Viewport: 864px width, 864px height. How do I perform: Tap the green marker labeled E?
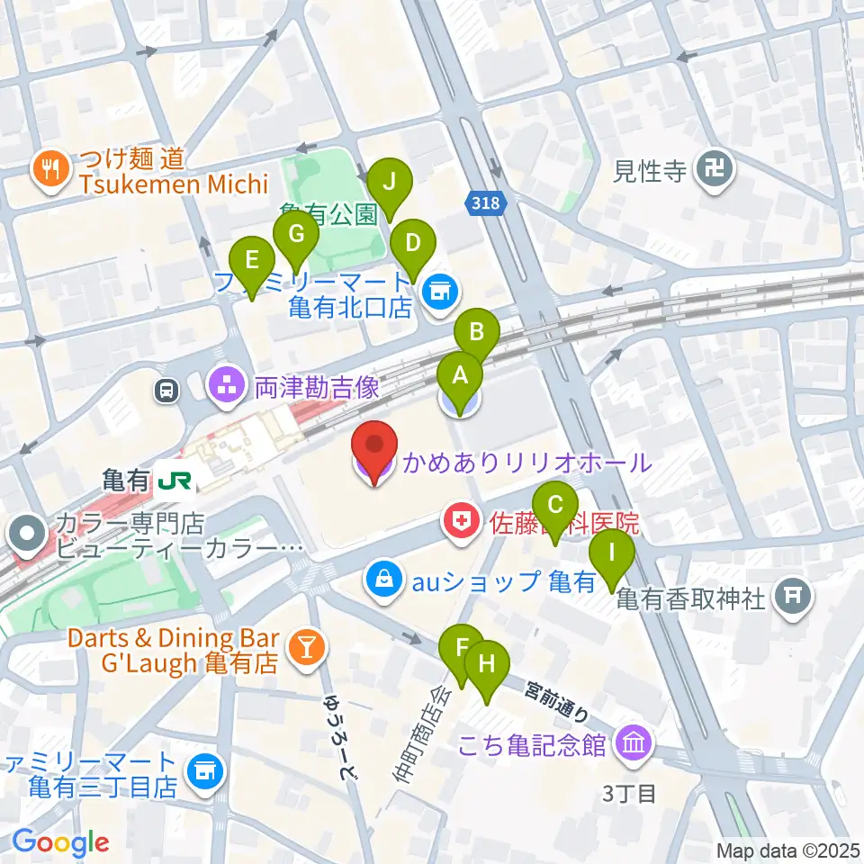(252, 262)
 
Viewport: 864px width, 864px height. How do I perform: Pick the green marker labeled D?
(413, 244)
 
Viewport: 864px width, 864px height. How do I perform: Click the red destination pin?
(373, 446)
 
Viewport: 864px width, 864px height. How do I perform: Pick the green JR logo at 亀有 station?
(175, 481)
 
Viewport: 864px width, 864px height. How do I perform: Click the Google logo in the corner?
(60, 843)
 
